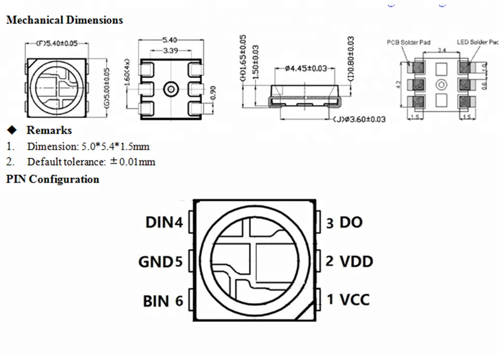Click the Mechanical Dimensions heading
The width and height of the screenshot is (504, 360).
[x=64, y=20]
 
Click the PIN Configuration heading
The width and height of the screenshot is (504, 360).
[x=52, y=179]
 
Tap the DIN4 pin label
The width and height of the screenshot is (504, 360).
[x=164, y=223]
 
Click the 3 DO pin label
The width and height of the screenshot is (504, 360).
[x=344, y=223]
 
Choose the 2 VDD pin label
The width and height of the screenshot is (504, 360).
[x=349, y=261]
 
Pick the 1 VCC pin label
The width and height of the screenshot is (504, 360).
[x=348, y=299]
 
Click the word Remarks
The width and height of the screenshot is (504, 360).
[x=49, y=130]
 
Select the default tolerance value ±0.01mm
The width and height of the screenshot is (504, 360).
[x=133, y=162]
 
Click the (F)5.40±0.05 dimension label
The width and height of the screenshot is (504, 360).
[x=56, y=44]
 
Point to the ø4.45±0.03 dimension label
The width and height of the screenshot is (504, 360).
[x=306, y=68]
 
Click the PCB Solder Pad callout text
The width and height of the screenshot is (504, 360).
[x=409, y=42]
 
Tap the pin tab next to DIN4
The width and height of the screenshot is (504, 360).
[x=190, y=222]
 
